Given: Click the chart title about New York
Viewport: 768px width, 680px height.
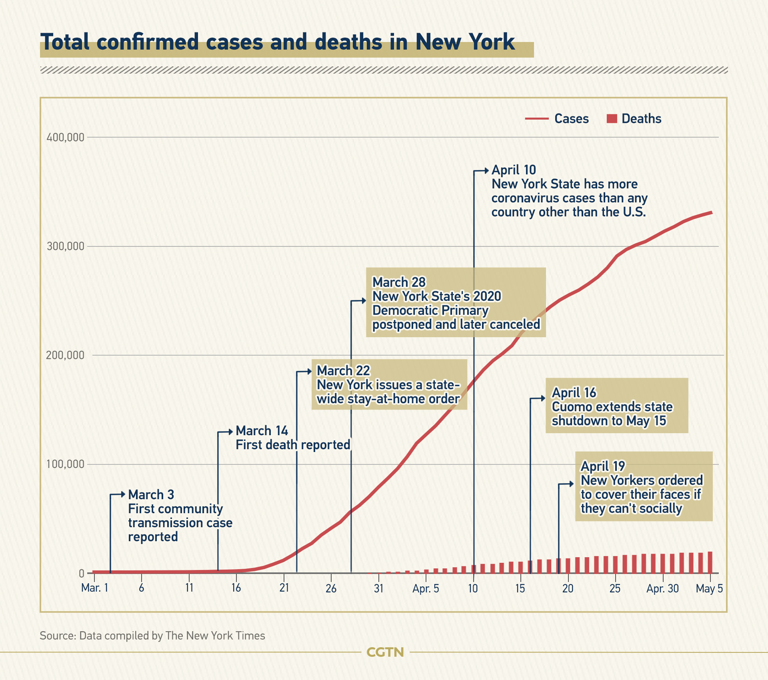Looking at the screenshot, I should tap(278, 42).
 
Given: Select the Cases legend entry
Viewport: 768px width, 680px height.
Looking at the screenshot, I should tap(557, 119).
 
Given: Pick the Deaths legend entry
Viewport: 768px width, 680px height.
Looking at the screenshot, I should tap(634, 119).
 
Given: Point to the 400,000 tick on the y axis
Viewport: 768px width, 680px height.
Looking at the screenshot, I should tap(66, 138).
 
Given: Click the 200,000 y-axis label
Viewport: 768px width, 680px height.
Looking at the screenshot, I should tap(66, 355).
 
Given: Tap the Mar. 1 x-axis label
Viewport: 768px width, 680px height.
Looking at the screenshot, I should tap(94, 588).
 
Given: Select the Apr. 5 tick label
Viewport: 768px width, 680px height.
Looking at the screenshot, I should tap(426, 589).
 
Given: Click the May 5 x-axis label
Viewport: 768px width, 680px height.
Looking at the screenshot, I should tap(709, 588).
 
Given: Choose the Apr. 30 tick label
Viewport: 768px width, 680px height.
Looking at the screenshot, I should tap(662, 588).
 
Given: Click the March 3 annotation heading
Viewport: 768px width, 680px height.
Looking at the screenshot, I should tap(151, 495).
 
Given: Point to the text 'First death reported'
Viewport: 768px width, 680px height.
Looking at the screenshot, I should tap(293, 445).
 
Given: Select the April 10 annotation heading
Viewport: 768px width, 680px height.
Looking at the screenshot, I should tap(514, 170).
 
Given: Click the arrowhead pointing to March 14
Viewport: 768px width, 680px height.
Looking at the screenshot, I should tap(230, 432).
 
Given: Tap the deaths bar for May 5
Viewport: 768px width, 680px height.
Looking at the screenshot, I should tap(710, 562).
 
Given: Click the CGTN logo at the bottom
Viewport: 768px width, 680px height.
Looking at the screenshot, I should tap(385, 652).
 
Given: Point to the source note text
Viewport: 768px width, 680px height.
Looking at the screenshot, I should tap(152, 636).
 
